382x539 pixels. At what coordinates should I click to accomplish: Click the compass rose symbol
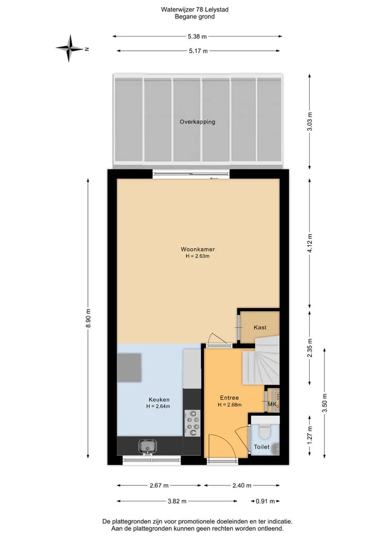click(x=70, y=48)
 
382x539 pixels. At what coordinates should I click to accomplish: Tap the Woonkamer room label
click(x=198, y=249)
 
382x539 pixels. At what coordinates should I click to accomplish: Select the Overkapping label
click(x=197, y=122)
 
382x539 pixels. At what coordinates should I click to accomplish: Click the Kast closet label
click(x=260, y=327)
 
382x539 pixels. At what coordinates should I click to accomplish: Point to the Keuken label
click(x=159, y=400)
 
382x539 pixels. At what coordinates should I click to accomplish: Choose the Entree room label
click(x=229, y=397)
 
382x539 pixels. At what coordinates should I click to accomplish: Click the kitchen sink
click(x=147, y=447)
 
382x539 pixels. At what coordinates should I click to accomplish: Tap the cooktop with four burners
click(x=193, y=423)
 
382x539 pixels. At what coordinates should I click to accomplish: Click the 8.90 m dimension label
click(x=89, y=319)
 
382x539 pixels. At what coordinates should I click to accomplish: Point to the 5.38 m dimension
click(x=197, y=36)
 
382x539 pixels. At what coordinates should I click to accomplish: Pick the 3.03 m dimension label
click(x=310, y=122)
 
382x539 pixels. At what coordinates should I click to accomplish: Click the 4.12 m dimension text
click(x=310, y=243)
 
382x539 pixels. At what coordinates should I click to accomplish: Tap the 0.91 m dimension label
click(x=265, y=501)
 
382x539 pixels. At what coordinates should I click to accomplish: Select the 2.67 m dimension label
click(x=159, y=485)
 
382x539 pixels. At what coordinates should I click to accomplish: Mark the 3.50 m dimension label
click(x=325, y=403)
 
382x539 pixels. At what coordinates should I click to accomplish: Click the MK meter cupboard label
click(x=272, y=404)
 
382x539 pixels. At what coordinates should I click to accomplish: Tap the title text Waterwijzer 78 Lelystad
click(x=195, y=10)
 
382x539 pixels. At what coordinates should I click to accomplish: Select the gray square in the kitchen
click(x=129, y=367)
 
